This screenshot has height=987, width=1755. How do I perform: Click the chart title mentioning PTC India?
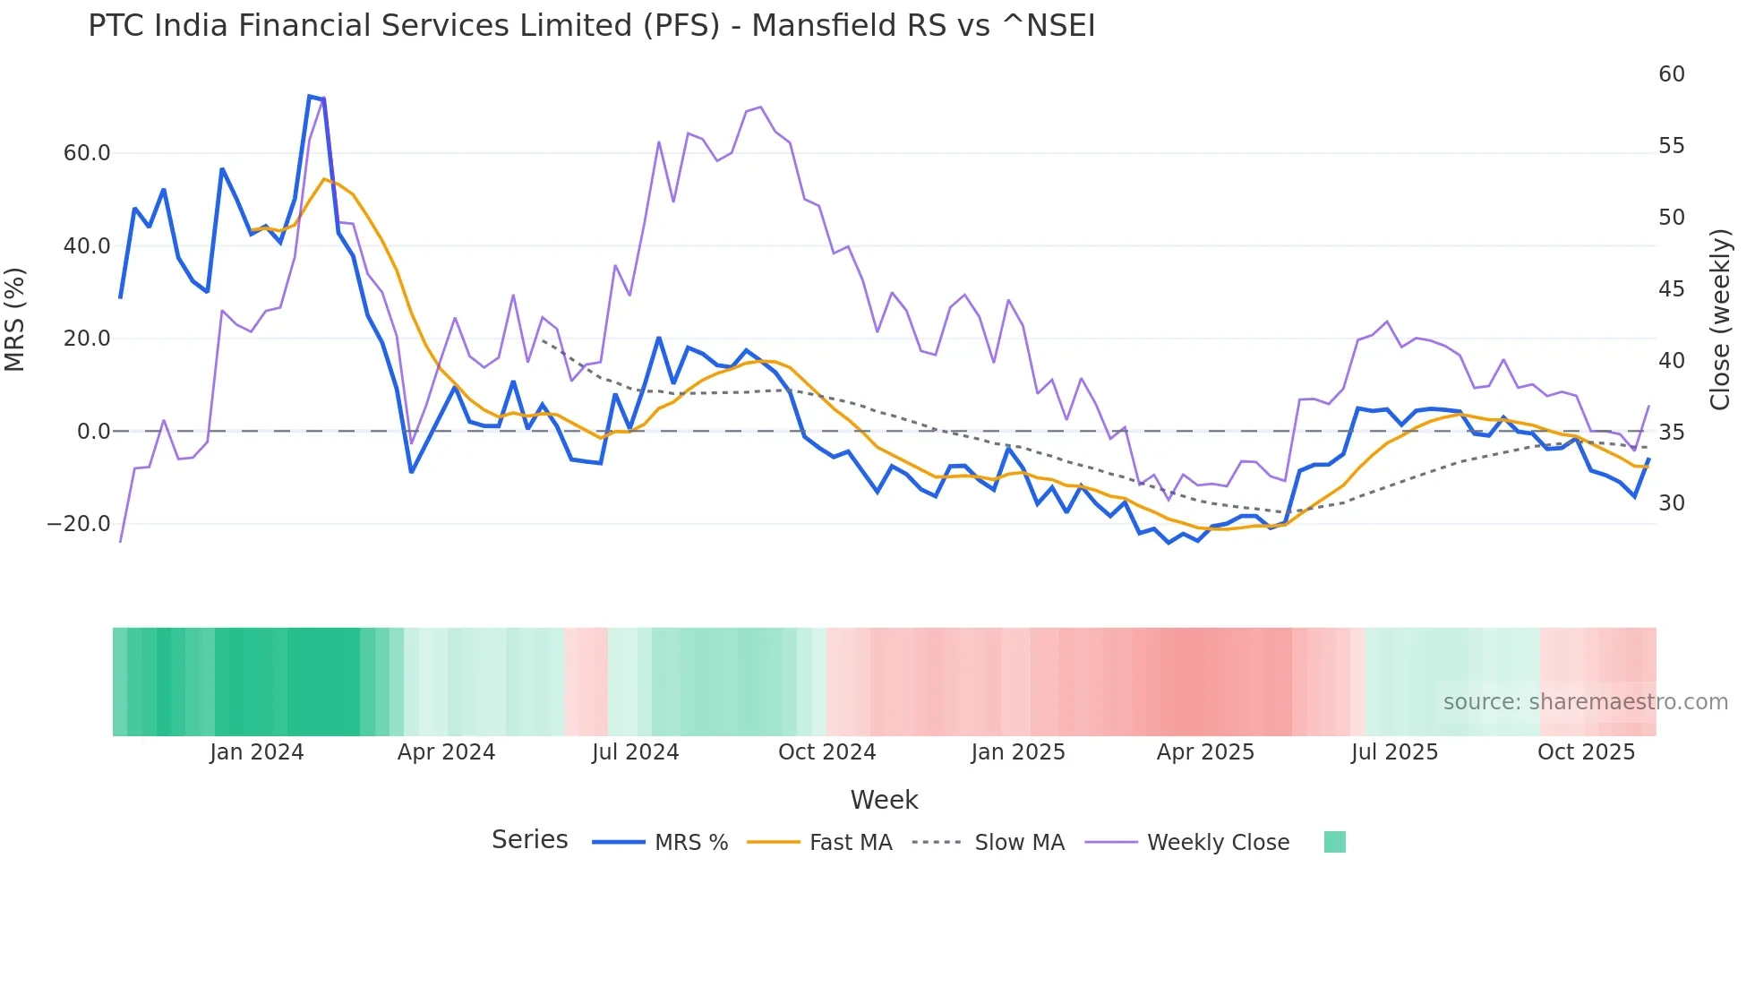[591, 26]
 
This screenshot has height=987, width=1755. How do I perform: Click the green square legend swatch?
[1334, 842]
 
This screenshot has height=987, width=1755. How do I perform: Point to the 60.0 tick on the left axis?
[87, 153]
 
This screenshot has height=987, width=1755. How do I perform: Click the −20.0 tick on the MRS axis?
[79, 524]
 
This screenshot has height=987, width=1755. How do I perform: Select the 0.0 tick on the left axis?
[94, 432]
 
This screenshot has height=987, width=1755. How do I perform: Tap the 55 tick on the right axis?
[1671, 146]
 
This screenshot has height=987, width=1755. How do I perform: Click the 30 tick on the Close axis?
[1671, 503]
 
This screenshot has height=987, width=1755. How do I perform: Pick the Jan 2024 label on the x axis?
[257, 752]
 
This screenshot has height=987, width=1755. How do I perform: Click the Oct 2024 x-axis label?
[826, 752]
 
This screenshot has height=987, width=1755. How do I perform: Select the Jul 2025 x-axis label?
[1394, 752]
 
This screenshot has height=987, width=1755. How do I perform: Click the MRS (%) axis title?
[15, 320]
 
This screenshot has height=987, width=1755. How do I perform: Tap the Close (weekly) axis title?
[1719, 320]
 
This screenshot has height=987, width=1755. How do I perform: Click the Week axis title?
[884, 800]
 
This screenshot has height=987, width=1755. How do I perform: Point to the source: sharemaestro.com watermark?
[1585, 702]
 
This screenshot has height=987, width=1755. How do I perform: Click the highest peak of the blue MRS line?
[310, 97]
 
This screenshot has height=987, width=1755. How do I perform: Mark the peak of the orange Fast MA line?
[324, 179]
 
